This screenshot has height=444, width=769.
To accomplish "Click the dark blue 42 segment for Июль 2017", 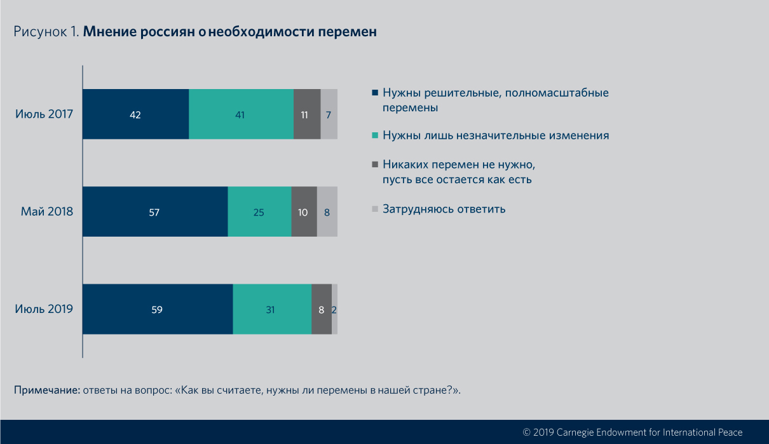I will point(135,114).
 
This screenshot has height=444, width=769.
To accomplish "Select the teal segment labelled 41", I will point(241,114).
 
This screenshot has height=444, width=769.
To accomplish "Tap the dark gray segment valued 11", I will point(307,114).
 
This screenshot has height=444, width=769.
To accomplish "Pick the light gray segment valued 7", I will point(329,114).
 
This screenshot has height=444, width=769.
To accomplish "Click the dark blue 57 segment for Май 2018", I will point(155,212).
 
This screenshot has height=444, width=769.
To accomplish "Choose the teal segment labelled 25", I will point(259,212).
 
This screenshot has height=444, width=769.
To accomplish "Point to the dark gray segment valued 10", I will point(304,212).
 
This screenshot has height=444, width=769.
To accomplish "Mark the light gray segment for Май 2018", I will point(327,212).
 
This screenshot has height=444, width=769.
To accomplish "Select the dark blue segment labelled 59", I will point(158,309).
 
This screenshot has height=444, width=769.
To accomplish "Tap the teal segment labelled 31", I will point(272,309).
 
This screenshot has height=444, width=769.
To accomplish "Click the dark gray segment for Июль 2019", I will point(322,309).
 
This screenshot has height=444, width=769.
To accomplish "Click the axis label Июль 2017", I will point(44,114).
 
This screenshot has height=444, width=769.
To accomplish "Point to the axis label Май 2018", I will point(48,212).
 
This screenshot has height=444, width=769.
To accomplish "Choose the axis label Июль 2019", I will point(44,309).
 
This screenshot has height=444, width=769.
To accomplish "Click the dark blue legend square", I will point(375,93).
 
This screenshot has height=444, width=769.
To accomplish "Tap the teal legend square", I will point(375,135).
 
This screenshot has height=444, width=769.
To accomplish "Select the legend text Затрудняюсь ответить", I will point(444,209).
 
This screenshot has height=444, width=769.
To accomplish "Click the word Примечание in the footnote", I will point(47,389).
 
